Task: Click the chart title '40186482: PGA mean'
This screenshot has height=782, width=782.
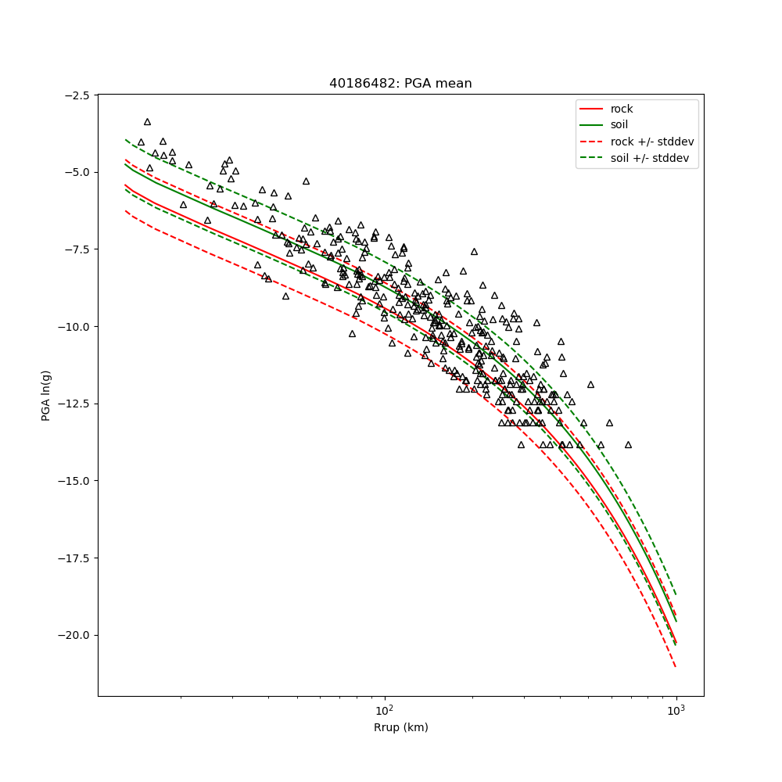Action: click(x=400, y=84)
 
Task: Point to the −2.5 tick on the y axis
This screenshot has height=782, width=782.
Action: click(x=77, y=95)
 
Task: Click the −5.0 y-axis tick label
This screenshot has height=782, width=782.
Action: click(x=77, y=172)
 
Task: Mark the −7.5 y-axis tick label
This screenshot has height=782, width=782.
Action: click(x=77, y=249)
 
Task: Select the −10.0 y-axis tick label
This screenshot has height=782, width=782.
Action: click(x=75, y=327)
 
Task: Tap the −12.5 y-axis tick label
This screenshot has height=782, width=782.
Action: click(x=75, y=404)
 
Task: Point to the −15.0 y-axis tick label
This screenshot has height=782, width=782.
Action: click(x=75, y=481)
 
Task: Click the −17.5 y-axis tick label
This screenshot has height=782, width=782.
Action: click(x=75, y=558)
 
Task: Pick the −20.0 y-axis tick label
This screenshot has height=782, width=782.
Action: click(x=75, y=635)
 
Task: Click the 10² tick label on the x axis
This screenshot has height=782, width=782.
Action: click(x=384, y=710)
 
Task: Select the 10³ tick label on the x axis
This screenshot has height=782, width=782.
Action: click(x=676, y=710)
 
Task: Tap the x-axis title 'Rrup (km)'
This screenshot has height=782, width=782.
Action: click(x=400, y=728)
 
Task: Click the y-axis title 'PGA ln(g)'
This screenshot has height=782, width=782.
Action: click(x=46, y=396)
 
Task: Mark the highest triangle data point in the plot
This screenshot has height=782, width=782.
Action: click(x=147, y=122)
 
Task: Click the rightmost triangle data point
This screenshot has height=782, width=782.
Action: click(x=628, y=444)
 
